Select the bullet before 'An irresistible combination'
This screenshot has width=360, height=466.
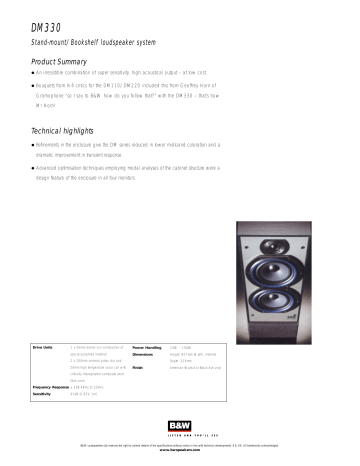tap(33, 73)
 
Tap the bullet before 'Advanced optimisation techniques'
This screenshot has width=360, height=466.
tap(33, 167)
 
